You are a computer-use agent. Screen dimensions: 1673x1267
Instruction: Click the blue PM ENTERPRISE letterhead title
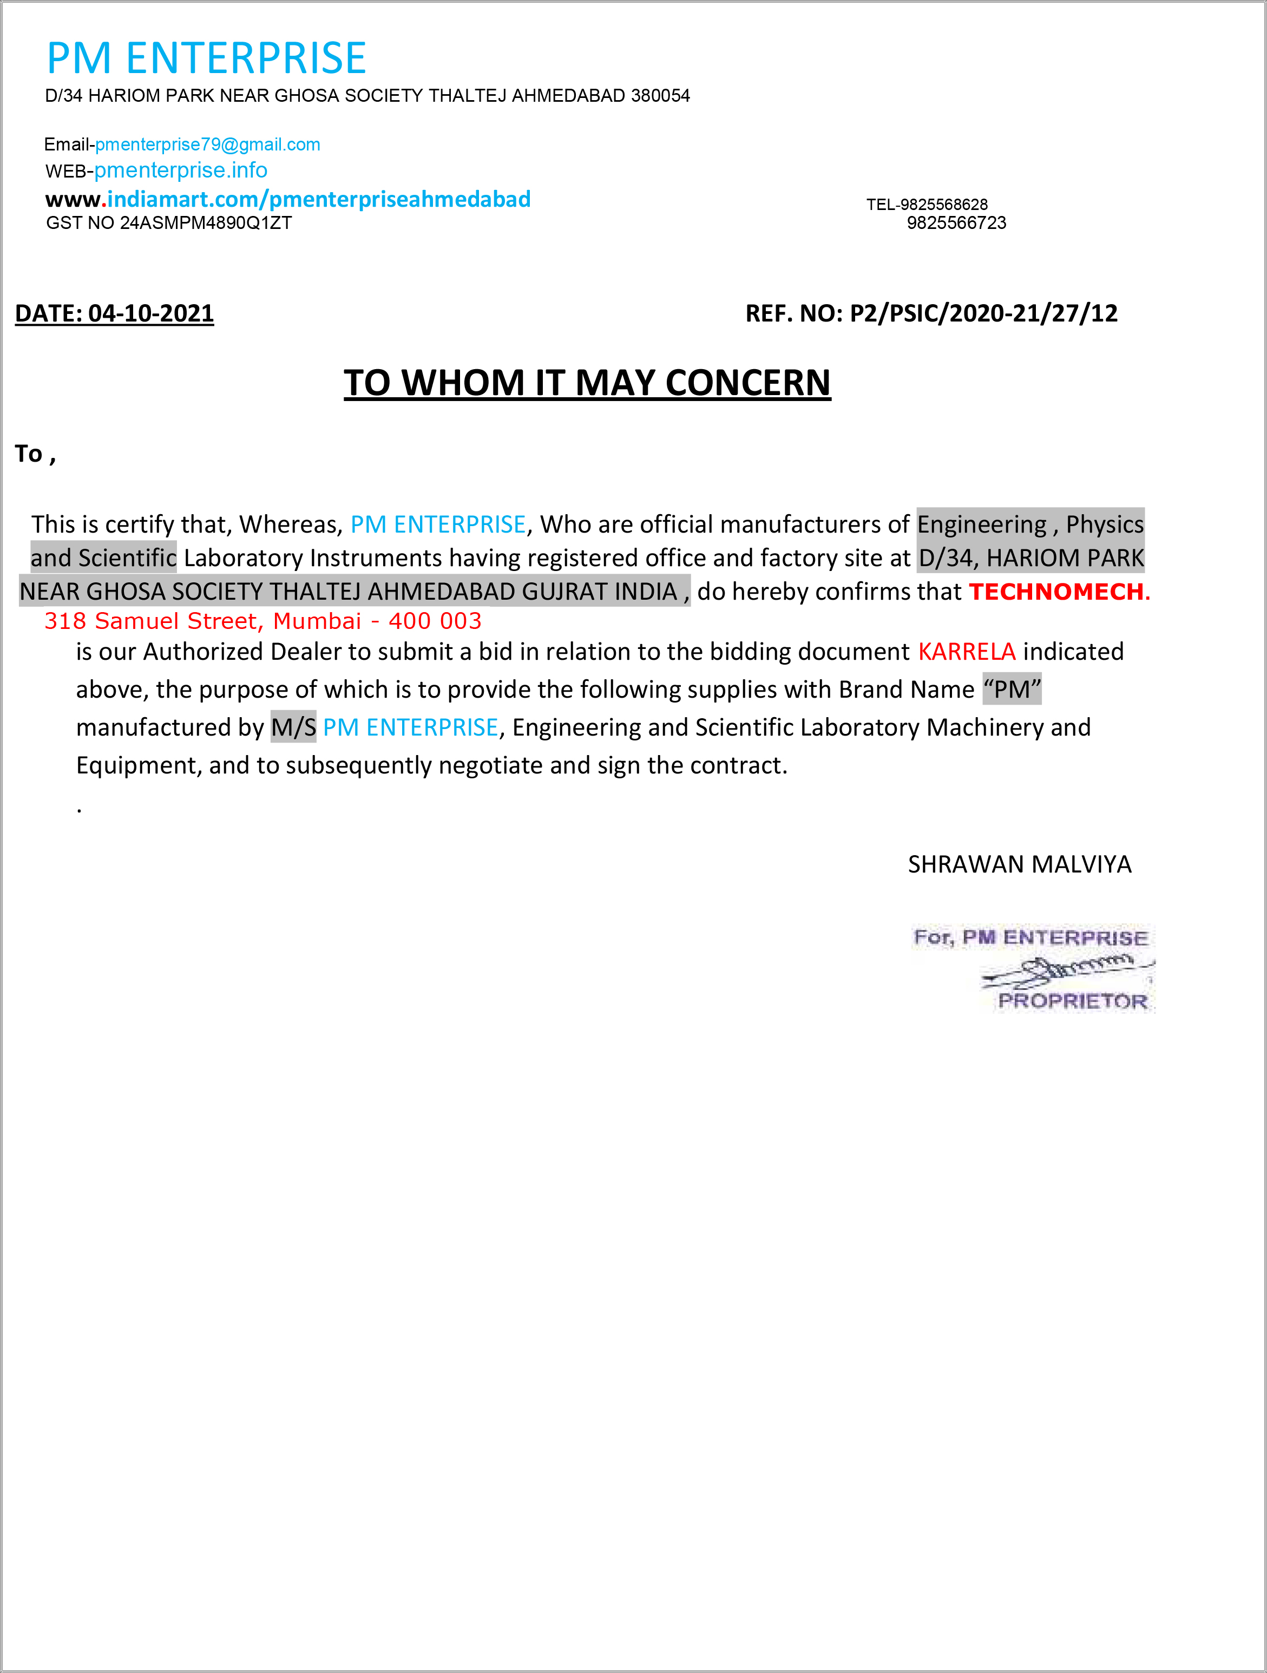(x=207, y=58)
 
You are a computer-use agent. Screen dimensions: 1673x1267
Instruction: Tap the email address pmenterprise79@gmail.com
(x=207, y=145)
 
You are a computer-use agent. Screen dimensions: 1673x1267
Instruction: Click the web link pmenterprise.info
(x=180, y=170)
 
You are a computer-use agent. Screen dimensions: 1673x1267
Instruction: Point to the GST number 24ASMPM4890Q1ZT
(x=206, y=223)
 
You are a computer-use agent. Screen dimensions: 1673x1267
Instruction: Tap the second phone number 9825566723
(x=956, y=223)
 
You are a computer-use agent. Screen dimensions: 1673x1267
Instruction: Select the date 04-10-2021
(x=150, y=313)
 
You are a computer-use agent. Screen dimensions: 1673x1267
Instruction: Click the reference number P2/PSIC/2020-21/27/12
(x=983, y=313)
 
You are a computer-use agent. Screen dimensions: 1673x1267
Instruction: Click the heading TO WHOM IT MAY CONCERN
(x=587, y=383)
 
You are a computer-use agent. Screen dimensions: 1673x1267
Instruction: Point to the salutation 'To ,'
(x=35, y=454)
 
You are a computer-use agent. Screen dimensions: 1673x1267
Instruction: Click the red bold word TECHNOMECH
(x=1059, y=592)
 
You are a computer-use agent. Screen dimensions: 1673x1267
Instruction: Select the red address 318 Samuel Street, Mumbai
(x=262, y=621)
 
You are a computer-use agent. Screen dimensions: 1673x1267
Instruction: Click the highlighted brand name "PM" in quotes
(x=1012, y=689)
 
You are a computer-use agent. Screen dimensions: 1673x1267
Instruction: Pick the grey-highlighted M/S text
(x=293, y=727)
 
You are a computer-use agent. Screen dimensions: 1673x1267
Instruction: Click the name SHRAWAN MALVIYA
(x=1019, y=864)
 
